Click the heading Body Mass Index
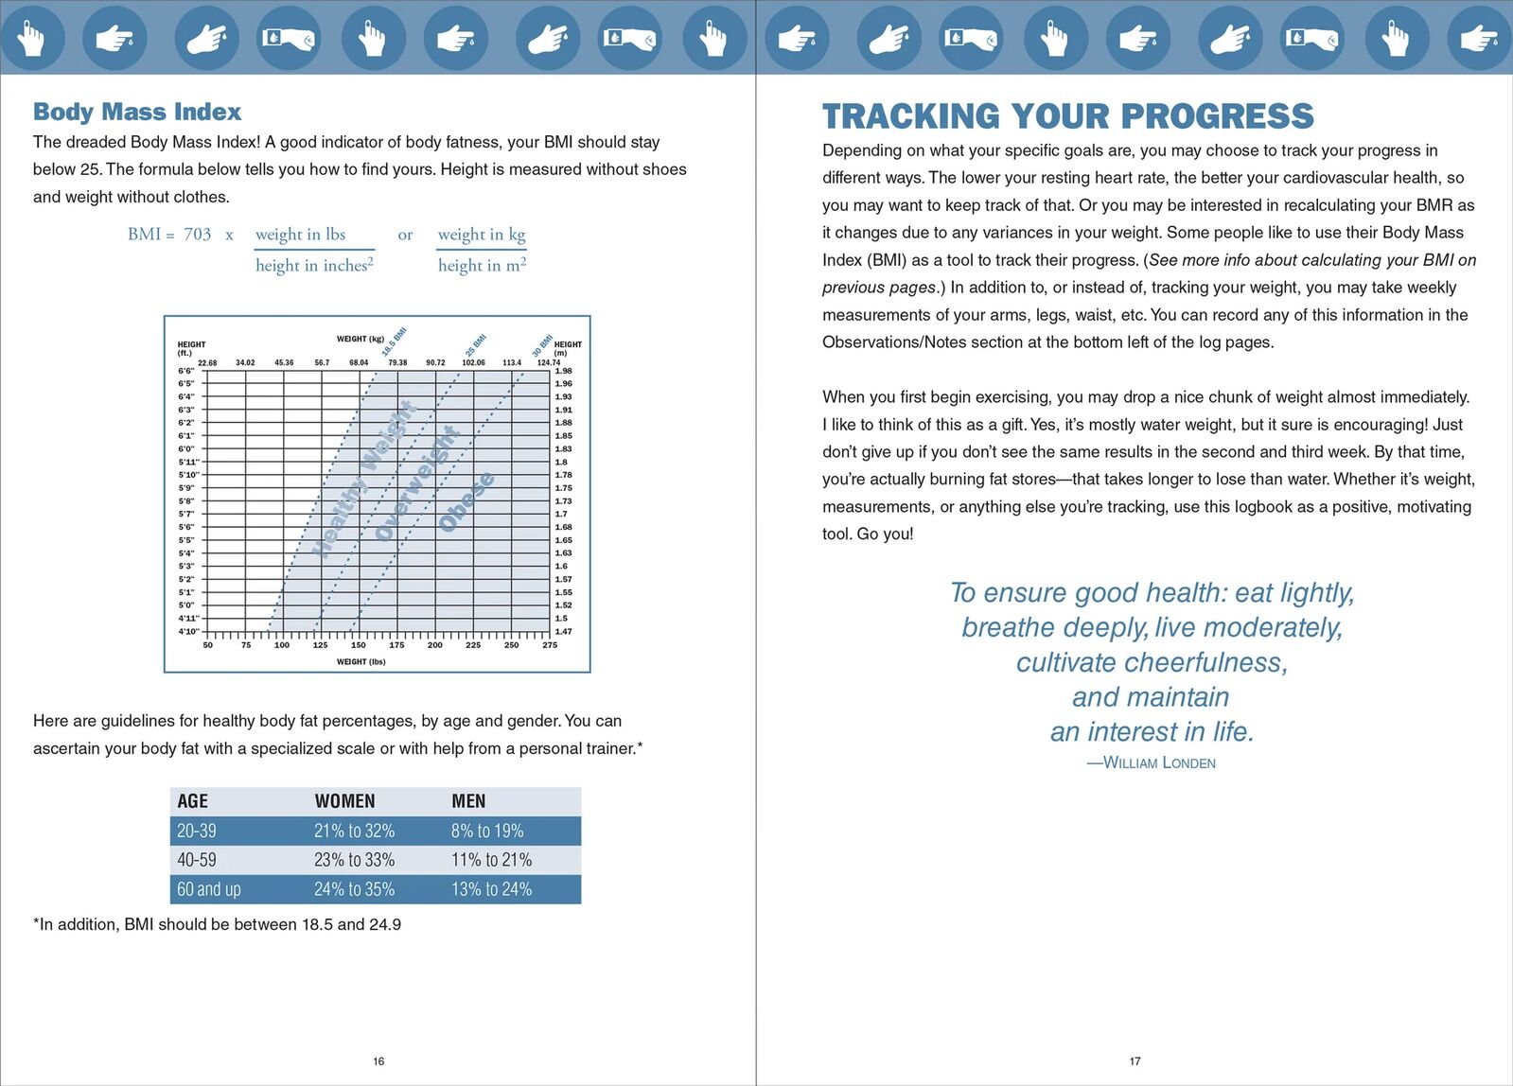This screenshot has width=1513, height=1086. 137,112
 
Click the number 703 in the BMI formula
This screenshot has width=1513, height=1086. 197,234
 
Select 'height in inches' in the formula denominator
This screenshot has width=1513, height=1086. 314,266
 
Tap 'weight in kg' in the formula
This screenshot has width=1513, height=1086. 481,234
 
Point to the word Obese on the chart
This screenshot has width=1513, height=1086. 466,501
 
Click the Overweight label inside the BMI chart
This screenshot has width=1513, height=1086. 417,483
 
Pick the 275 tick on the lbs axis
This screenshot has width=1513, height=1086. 550,645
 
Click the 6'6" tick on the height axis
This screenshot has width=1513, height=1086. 186,371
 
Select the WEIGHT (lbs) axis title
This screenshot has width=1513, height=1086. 361,662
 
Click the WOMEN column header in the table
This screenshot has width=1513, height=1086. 344,801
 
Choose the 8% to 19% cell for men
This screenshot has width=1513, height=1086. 487,831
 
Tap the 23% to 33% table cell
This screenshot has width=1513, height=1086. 354,860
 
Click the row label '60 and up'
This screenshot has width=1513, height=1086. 209,889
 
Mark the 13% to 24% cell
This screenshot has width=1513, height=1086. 491,889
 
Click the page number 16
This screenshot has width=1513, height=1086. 378,1061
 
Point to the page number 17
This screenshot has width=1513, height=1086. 1135,1061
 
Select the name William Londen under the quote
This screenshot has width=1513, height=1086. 1159,762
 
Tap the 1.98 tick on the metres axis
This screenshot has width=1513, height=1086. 563,371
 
